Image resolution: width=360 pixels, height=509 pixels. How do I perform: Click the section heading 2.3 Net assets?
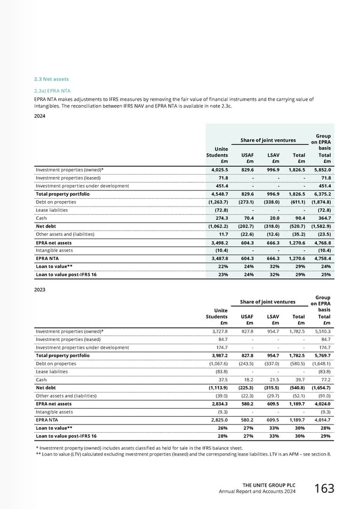tap(52, 79)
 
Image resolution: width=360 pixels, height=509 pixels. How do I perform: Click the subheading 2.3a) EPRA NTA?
tap(53, 91)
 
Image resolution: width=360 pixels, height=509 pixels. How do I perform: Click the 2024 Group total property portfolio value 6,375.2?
tap(320, 194)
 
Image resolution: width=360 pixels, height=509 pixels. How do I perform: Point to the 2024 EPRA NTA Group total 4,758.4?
tap(320, 259)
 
